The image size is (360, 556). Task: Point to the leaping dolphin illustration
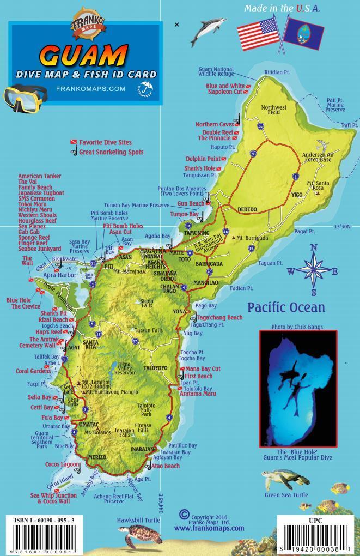point(208,32)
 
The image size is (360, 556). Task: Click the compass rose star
point(313,268)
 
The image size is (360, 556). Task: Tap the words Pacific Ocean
point(286,307)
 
